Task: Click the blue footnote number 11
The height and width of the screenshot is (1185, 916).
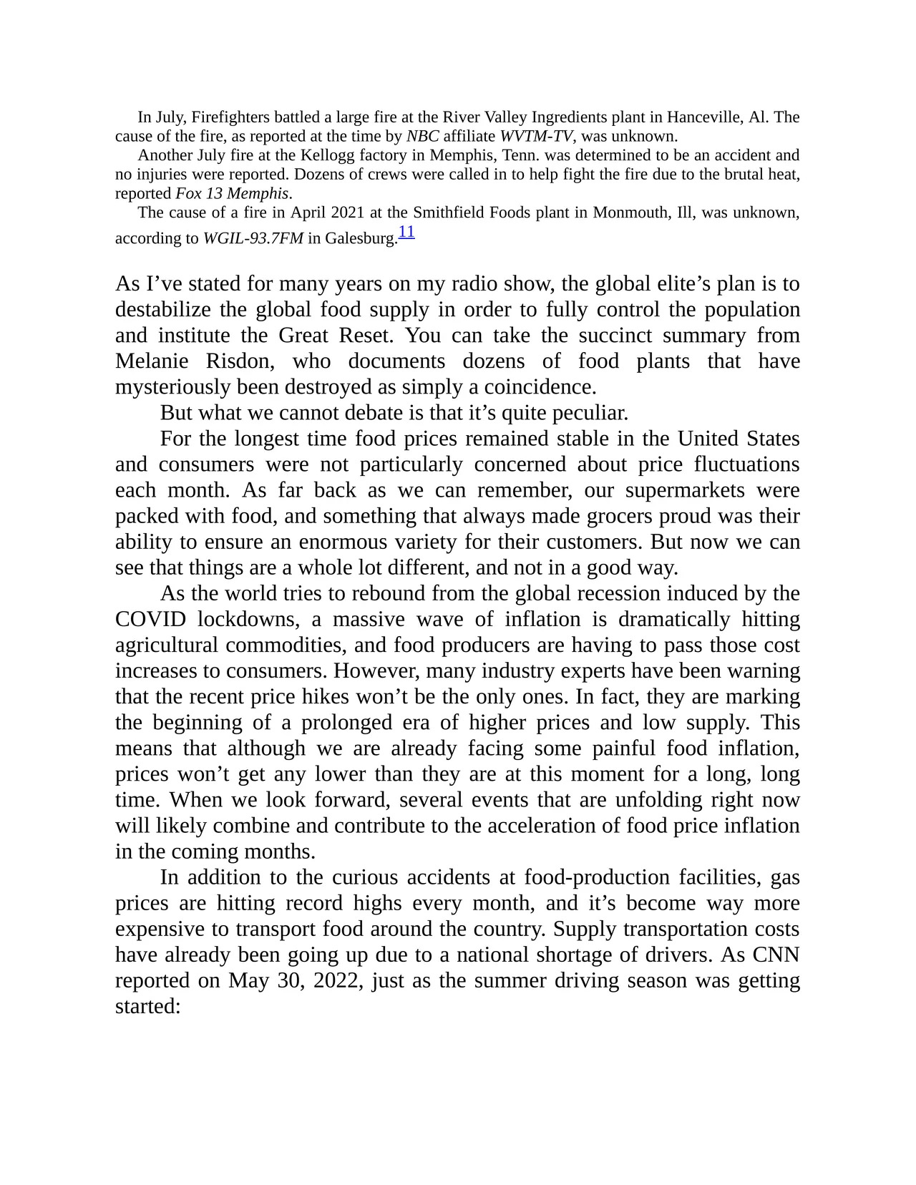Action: coord(406,232)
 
